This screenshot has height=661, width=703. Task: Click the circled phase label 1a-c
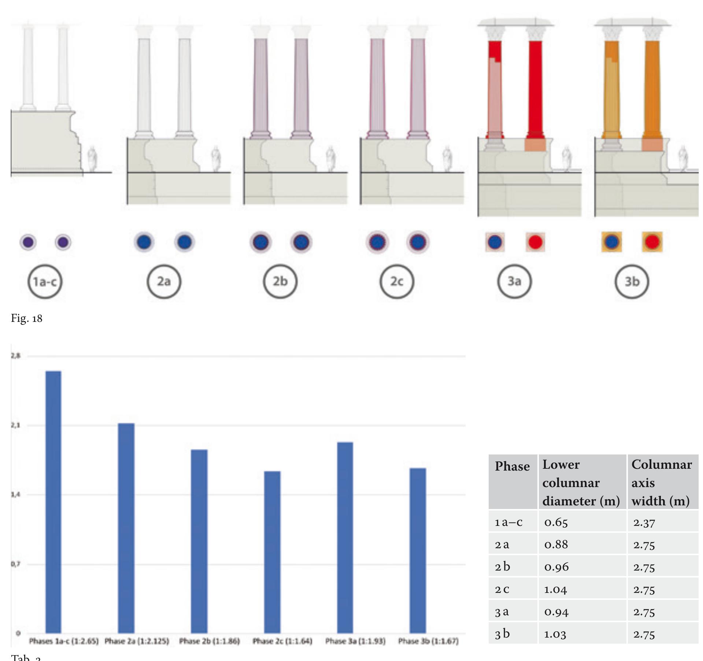45,281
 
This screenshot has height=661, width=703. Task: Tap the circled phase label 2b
280,281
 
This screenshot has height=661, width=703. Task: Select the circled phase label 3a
514,281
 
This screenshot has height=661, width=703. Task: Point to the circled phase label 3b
632,281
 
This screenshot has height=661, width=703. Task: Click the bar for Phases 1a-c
53,502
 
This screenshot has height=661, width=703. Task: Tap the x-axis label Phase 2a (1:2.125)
137,641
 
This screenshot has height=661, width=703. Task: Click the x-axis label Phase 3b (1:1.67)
428,641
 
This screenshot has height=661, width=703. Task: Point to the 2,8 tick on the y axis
15,356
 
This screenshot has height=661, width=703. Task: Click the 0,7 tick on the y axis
15,564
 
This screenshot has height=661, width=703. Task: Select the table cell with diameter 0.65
556,522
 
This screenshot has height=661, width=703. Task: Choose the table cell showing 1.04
556,589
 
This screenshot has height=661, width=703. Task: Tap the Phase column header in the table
512,467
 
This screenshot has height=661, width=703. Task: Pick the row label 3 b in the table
502,634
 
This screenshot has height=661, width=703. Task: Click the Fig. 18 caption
27,319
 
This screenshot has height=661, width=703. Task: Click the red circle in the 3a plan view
536,242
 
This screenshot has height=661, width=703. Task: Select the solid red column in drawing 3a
536,88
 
